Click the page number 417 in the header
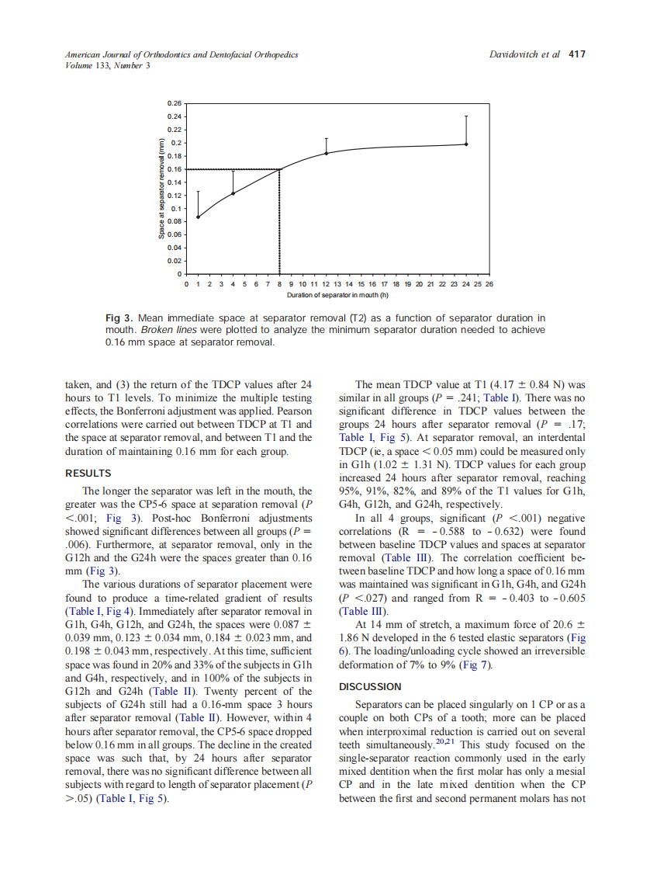(577, 54)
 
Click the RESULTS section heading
(88, 473)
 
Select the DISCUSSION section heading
(370, 686)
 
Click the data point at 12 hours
(327, 153)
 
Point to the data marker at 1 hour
(199, 217)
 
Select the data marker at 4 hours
(233, 193)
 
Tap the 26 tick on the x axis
(489, 285)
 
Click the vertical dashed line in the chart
(280, 225)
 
